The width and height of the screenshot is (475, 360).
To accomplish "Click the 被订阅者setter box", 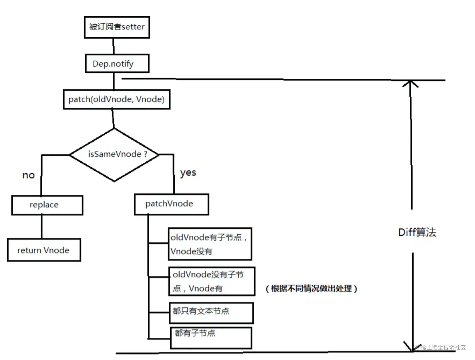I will pyautogui.click(x=117, y=27).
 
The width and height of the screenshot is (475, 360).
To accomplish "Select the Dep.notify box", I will pyautogui.click(x=117, y=64).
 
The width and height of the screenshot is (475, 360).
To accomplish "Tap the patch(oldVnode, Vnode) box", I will pyautogui.click(x=117, y=99).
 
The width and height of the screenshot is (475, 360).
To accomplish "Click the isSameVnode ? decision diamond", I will pyautogui.click(x=114, y=154).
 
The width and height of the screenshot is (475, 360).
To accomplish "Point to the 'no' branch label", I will pyautogui.click(x=28, y=175).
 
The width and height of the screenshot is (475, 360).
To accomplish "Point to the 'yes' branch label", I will pyautogui.click(x=188, y=173).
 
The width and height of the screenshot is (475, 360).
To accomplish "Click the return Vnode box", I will pyautogui.click(x=44, y=250).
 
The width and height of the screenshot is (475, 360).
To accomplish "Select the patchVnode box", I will pyautogui.click(x=172, y=204).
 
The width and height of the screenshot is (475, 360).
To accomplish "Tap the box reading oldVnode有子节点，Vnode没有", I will pyautogui.click(x=210, y=244).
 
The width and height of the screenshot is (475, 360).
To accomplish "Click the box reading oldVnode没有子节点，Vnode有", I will pyautogui.click(x=212, y=282).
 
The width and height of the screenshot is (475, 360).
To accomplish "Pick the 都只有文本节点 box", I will pyautogui.click(x=211, y=313).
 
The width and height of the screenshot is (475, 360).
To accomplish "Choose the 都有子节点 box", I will pyautogui.click(x=211, y=338).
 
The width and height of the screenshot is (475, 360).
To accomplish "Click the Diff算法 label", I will pyautogui.click(x=417, y=233).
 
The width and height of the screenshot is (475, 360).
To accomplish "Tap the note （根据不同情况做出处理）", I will pyautogui.click(x=311, y=288).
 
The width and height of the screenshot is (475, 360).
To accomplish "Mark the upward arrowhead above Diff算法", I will pyautogui.click(x=410, y=83).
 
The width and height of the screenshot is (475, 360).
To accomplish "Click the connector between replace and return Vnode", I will pyautogui.click(x=42, y=227).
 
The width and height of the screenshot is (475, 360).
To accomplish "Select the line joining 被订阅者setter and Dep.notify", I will pyautogui.click(x=113, y=46).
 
